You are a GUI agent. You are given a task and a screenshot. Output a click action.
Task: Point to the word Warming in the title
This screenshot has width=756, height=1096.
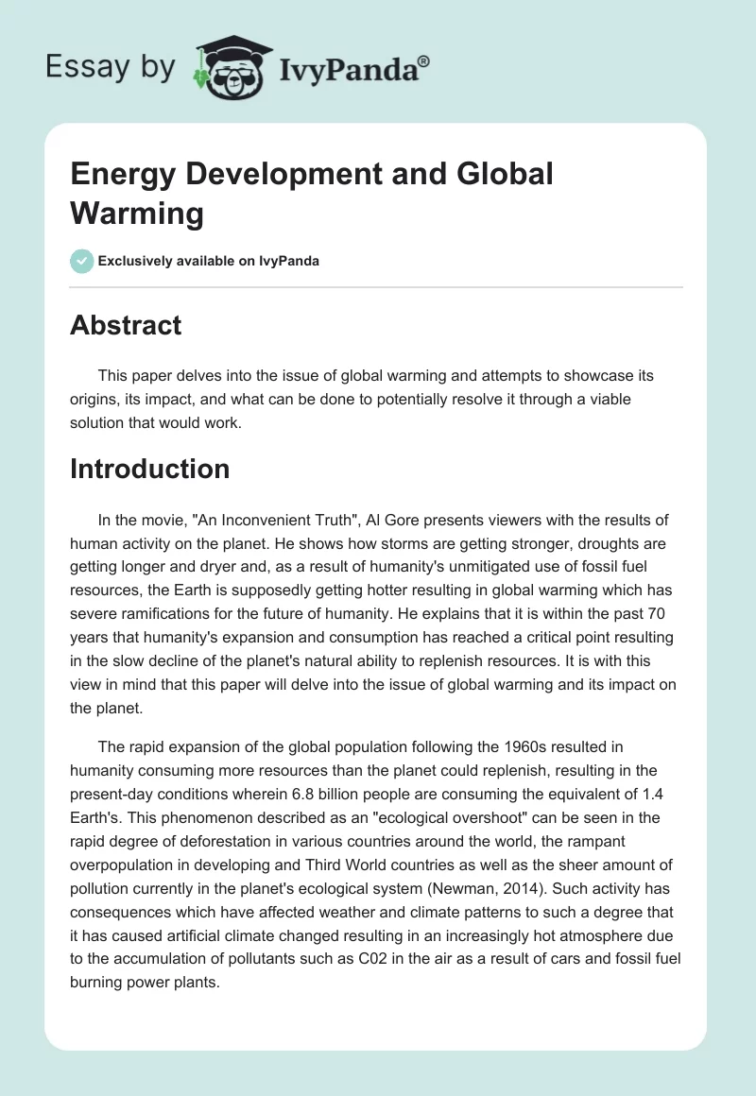137,214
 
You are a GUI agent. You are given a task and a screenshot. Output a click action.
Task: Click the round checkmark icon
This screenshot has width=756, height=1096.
82,261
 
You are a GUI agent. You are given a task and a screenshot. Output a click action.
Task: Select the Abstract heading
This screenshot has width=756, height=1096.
126,325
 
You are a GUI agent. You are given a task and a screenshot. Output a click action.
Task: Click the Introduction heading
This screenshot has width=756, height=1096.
149,469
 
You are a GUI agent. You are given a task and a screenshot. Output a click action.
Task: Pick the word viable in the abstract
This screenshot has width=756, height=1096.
606,400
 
